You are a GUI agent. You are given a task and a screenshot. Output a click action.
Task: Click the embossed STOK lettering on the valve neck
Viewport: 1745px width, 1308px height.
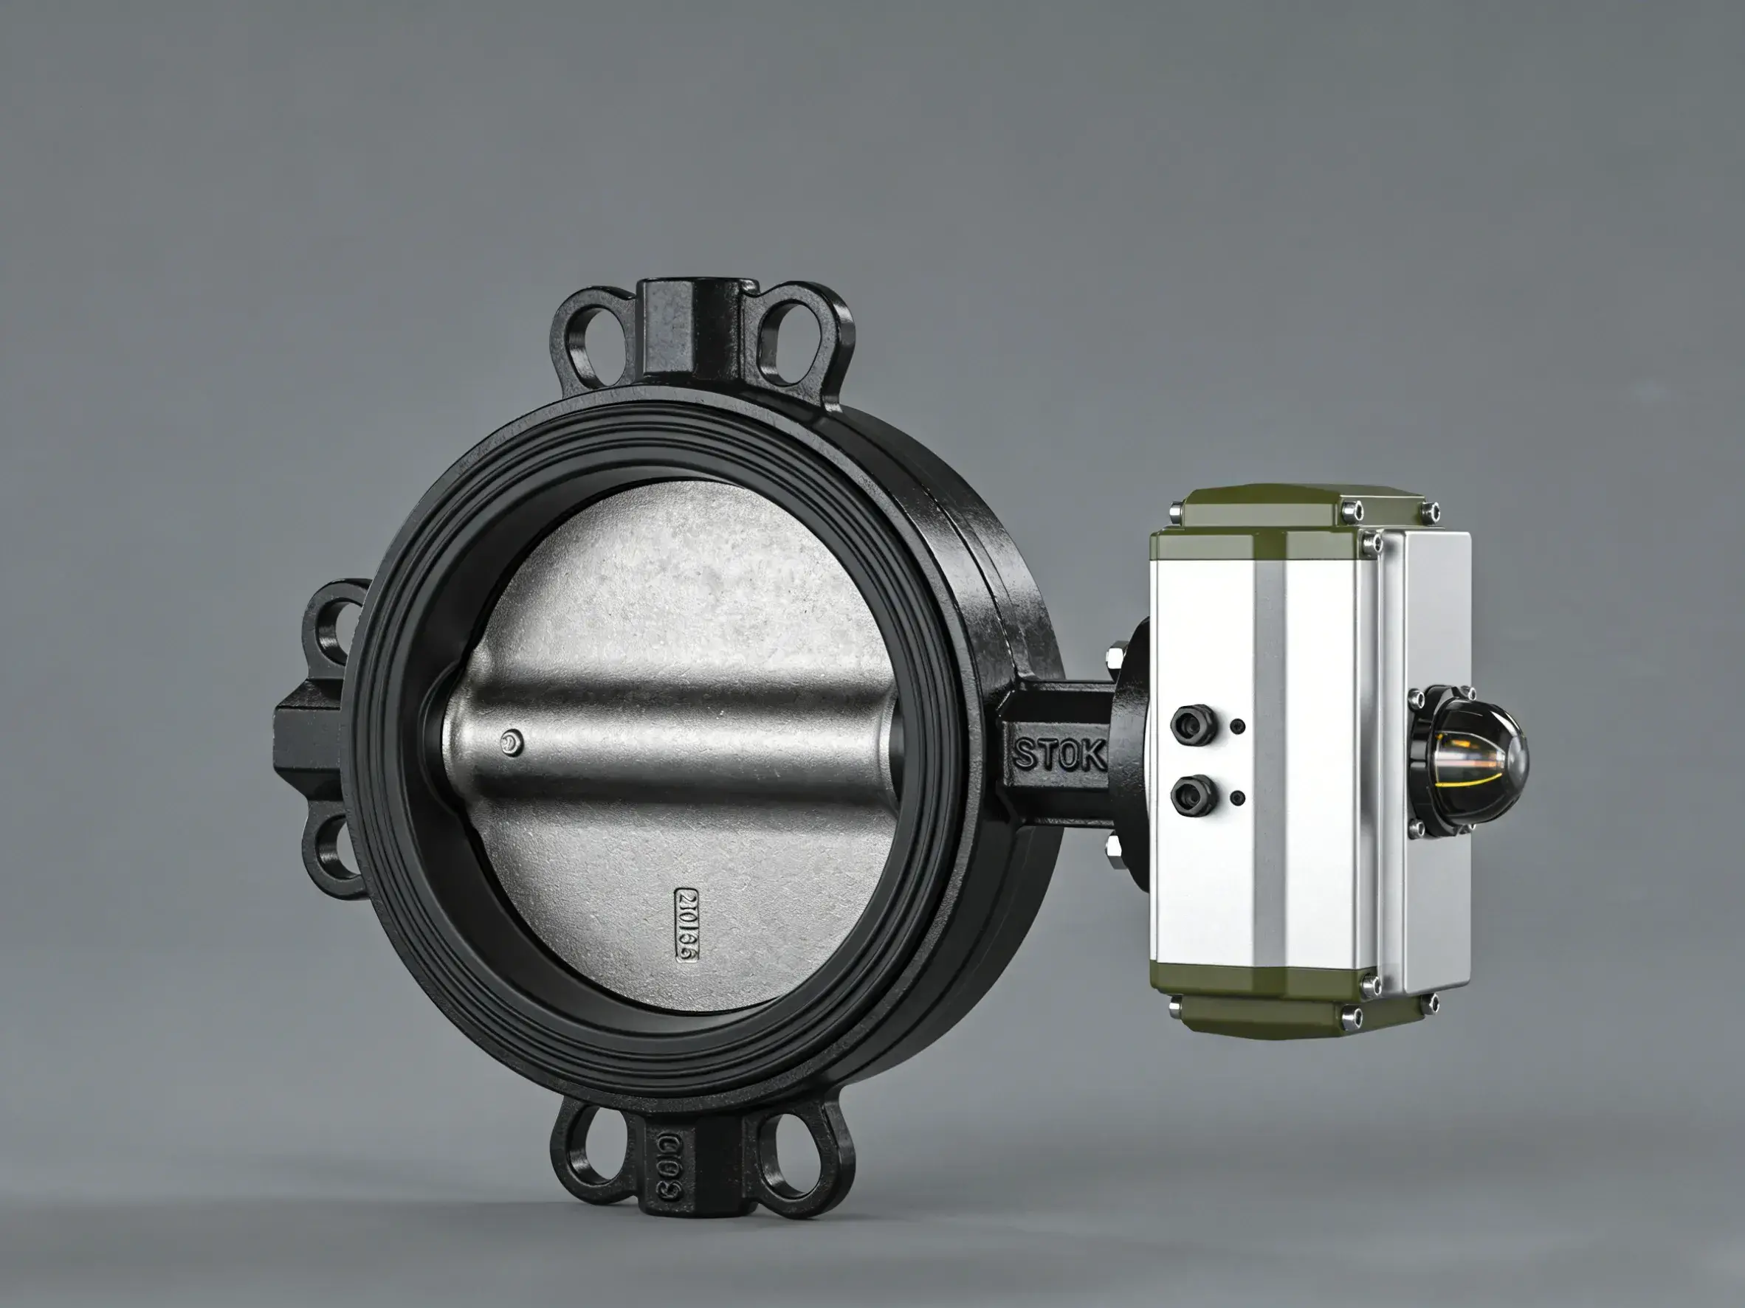click(x=1059, y=755)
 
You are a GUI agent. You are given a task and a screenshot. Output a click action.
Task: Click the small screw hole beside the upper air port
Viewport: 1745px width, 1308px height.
click(x=1238, y=725)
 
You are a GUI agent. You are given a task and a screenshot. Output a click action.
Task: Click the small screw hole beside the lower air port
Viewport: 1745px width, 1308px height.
click(x=1238, y=798)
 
